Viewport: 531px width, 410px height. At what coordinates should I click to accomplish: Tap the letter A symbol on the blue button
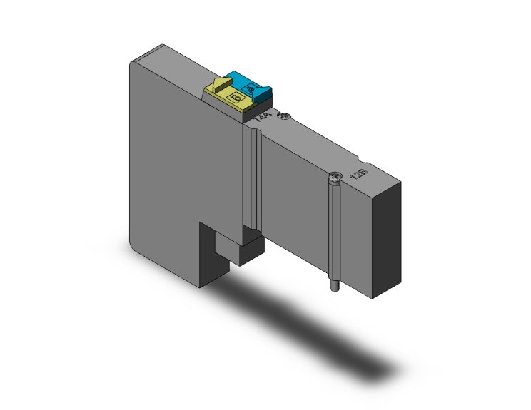click(x=251, y=89)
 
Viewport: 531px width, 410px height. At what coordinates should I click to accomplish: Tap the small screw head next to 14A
click(x=287, y=116)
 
